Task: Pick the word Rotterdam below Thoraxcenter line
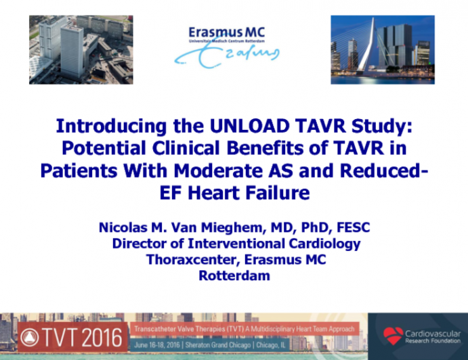pyautogui.click(x=234, y=276)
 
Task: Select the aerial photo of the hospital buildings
pyautogui.click(x=81, y=49)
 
